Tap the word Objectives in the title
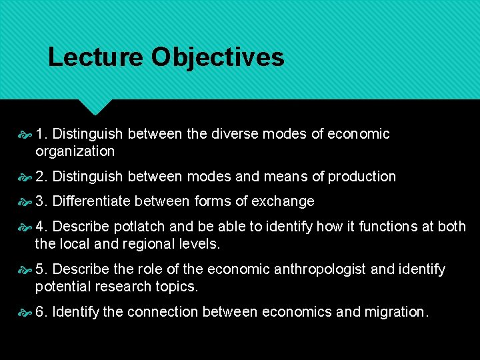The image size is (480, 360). click(x=217, y=57)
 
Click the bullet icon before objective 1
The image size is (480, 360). click(x=25, y=134)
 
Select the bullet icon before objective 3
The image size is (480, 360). click(x=25, y=201)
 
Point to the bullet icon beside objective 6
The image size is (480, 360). click(x=25, y=312)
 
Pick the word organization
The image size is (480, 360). click(x=75, y=151)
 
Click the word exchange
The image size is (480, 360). click(x=287, y=201)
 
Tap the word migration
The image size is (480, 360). click(x=396, y=312)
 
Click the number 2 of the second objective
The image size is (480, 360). click(x=41, y=177)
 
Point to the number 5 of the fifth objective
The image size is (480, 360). click(x=41, y=269)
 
